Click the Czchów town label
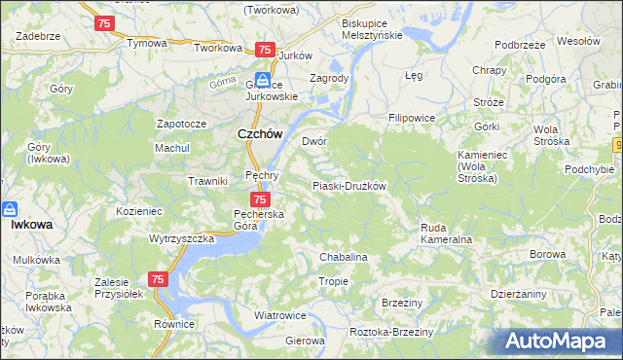coord(260,135)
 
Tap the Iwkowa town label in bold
coord(31,224)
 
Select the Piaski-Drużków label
coord(349,186)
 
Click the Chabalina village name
coord(343,257)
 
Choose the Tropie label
coord(333,281)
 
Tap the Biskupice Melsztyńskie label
coord(372,28)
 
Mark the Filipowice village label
coord(411,118)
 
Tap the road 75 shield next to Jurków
coord(264,49)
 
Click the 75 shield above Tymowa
coord(104,22)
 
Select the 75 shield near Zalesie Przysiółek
coord(159,279)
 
